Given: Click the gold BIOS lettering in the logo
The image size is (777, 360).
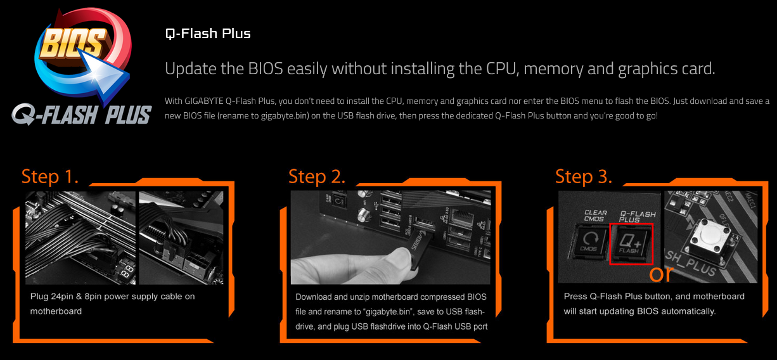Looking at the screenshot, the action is coord(72,42).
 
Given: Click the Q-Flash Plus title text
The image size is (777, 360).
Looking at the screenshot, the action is coord(208,34).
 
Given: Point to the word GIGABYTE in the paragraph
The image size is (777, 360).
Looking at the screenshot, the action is coord(204,101).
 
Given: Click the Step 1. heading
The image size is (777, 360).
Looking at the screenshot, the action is coord(50,177).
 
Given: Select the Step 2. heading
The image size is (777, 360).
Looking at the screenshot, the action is coord(317,177).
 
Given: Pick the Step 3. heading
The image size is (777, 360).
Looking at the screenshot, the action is coord(584,177).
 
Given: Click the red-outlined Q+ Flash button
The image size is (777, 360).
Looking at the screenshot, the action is coord(631,244).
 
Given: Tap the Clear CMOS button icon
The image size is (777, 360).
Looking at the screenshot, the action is coord(589,242).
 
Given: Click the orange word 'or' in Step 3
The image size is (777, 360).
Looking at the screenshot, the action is coord(661,274).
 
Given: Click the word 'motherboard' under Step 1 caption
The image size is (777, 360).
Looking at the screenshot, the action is coord(56,311).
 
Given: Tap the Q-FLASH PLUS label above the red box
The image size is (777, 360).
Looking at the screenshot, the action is coord(638,216).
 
